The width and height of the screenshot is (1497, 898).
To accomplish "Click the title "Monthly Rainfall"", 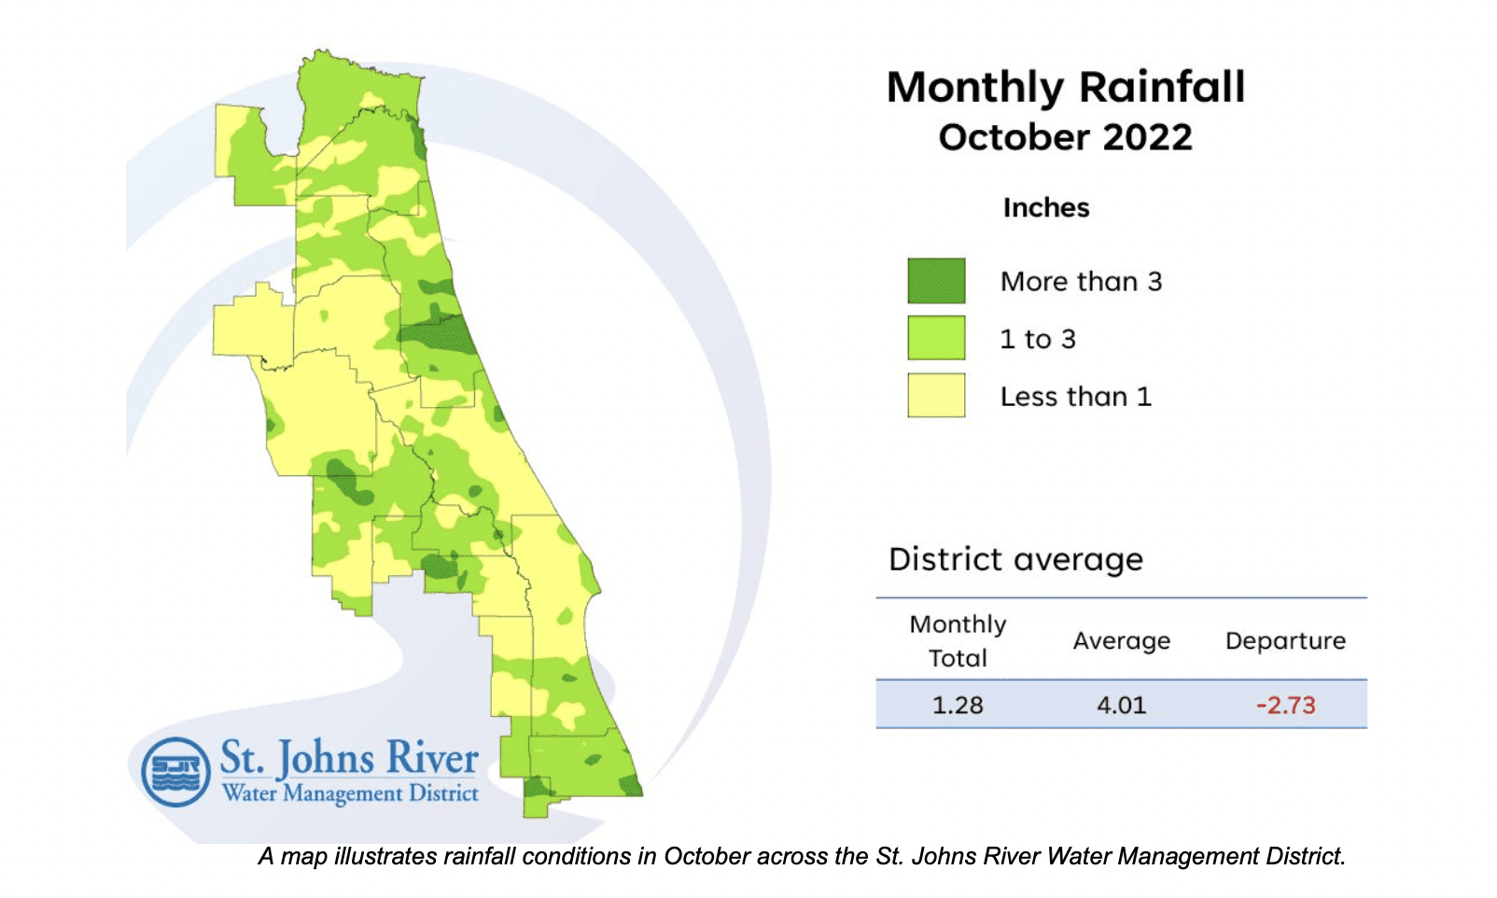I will click(x=1065, y=87).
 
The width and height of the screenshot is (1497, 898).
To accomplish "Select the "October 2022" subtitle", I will click(x=1065, y=137).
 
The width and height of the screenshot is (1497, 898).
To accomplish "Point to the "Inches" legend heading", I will click(x=1045, y=207).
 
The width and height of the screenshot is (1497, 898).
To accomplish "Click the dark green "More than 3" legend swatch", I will click(x=936, y=281).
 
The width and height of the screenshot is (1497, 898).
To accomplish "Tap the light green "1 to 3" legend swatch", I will click(x=936, y=338).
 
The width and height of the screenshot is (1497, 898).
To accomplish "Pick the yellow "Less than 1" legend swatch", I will click(x=936, y=396).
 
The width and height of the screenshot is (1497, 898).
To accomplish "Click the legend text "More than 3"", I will click(x=1081, y=281).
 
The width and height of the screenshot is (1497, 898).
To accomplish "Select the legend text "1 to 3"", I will click(x=1037, y=339).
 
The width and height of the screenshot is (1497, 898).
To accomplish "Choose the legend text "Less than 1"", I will click(x=1075, y=397).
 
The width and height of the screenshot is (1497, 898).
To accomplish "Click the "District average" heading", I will click(x=1015, y=559).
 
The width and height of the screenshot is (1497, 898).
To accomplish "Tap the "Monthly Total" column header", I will click(x=958, y=640).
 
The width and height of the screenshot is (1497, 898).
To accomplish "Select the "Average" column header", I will click(x=1121, y=640).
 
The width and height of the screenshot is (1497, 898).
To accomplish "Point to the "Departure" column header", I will click(x=1285, y=640).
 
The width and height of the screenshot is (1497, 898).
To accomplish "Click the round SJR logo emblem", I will click(x=175, y=772).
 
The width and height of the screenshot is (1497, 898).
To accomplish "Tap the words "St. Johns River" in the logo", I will click(x=349, y=757).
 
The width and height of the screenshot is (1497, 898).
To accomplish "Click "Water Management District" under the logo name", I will click(x=350, y=793).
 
